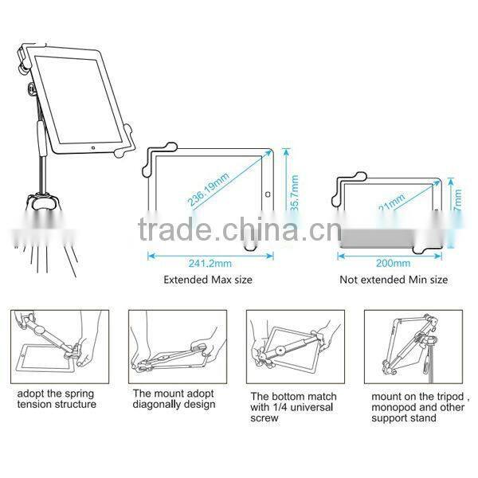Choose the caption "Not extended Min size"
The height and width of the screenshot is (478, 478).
point(394,280)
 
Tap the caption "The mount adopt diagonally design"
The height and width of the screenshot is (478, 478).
point(174,398)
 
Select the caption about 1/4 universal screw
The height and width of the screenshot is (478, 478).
point(293,406)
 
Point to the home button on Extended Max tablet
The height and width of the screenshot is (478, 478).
point(268,194)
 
